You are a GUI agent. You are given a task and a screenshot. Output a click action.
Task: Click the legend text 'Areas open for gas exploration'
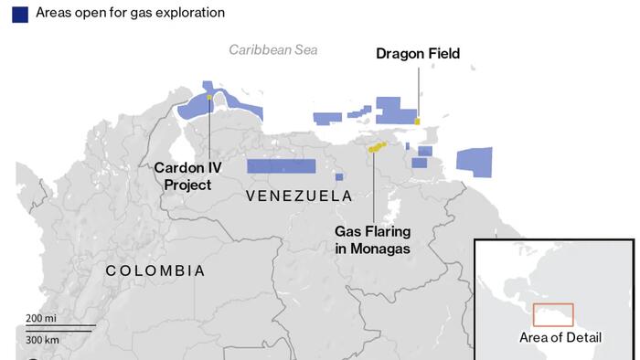(130, 14)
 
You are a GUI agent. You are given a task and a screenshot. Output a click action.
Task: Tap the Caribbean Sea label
(272, 50)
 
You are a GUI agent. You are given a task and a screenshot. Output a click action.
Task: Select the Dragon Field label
(418, 54)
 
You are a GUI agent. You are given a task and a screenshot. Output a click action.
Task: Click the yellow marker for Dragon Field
(417, 121)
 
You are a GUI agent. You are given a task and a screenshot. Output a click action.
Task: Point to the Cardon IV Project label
(187, 176)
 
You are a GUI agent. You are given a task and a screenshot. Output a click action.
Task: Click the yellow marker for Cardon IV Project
(209, 97)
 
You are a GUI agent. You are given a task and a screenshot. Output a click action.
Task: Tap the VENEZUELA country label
(299, 196)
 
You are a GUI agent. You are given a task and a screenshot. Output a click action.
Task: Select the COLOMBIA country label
(155, 271)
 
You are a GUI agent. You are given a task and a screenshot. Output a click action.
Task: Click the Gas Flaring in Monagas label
(372, 239)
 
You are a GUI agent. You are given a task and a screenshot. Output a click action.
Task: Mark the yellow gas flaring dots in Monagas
(377, 146)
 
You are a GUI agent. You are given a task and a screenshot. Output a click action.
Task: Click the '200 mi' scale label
(41, 318)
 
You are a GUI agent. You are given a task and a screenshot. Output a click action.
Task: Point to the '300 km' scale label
(42, 339)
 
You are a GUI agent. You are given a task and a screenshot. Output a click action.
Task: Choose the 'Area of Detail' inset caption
(560, 337)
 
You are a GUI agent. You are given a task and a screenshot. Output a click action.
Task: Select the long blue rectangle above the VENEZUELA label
(281, 166)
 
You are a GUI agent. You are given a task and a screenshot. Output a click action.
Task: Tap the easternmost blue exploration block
(474, 162)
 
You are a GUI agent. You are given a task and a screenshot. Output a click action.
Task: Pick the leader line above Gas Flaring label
(373, 186)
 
